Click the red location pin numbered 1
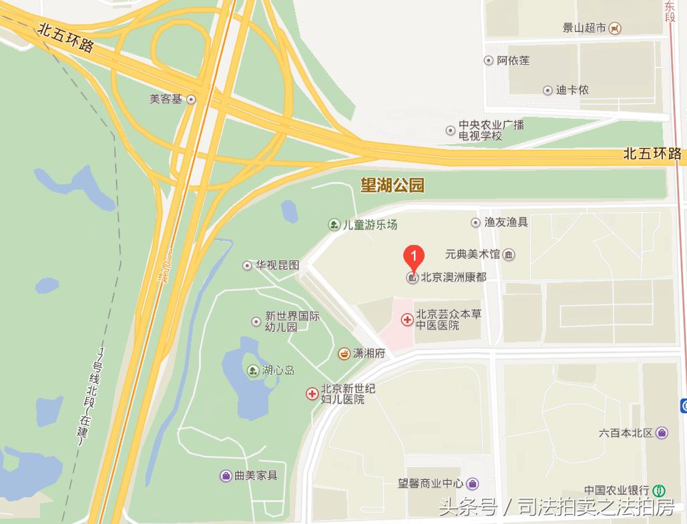[x=414, y=256]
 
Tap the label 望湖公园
[x=393, y=186]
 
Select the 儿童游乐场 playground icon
[x=334, y=224]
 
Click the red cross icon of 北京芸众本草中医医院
[x=407, y=320]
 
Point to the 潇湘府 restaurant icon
[x=344, y=353]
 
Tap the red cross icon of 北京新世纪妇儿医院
[x=312, y=394]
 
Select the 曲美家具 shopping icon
[x=226, y=476]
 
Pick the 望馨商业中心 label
[x=431, y=484]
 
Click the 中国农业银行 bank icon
[x=660, y=490]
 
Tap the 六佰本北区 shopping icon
[x=662, y=433]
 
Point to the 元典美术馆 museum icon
[x=509, y=254]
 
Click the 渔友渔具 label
[x=506, y=222]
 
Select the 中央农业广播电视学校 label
[x=491, y=130]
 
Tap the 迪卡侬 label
[x=572, y=90]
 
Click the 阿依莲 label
[x=513, y=61]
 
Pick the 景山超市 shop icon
[x=616, y=28]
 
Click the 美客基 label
[x=166, y=99]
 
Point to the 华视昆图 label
[x=277, y=265]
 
